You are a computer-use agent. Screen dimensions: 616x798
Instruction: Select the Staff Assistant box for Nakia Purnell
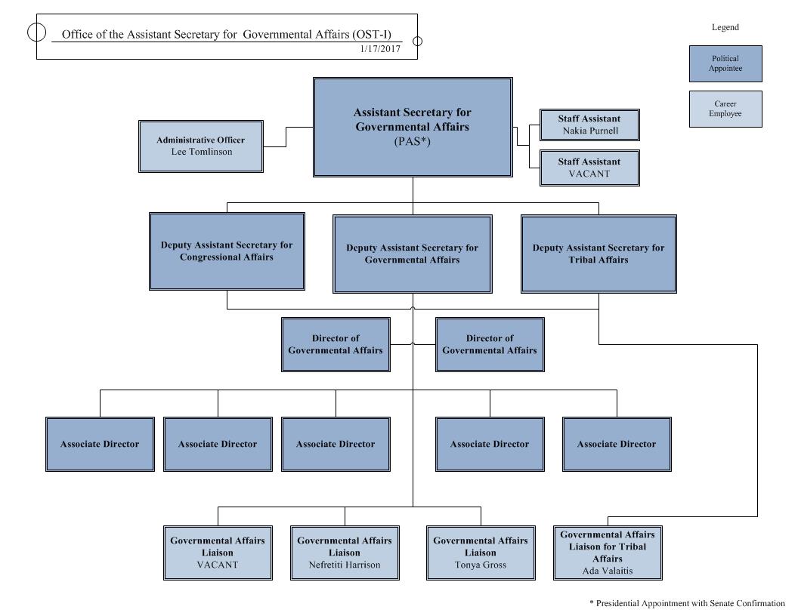click(589, 125)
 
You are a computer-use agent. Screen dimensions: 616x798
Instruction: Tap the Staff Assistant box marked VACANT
click(589, 168)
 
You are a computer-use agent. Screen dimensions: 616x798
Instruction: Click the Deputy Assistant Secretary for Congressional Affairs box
click(227, 251)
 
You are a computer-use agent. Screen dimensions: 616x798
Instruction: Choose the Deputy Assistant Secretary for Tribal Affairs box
click(598, 254)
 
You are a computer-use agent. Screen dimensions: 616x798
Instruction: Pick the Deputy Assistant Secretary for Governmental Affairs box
click(413, 254)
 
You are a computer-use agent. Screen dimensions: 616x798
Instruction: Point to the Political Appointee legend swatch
click(725, 63)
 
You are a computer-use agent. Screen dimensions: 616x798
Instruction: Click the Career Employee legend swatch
click(725, 109)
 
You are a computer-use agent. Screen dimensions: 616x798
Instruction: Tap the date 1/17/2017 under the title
click(380, 48)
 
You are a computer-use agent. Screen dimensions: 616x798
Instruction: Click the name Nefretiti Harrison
click(345, 565)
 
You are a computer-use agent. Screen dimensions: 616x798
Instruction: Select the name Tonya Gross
click(481, 565)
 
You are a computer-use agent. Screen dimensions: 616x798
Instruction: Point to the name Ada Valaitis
click(608, 571)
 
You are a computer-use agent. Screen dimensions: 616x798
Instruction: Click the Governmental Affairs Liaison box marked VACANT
click(218, 553)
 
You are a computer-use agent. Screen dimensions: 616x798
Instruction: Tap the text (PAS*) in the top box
click(413, 140)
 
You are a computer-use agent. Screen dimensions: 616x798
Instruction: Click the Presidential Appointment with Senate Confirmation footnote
click(687, 603)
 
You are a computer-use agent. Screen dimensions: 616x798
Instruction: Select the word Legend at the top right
click(725, 27)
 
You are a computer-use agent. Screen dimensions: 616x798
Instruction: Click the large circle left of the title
click(36, 32)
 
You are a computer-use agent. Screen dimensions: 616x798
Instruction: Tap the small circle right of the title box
click(417, 42)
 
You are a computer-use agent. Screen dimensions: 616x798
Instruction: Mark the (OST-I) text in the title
click(375, 34)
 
